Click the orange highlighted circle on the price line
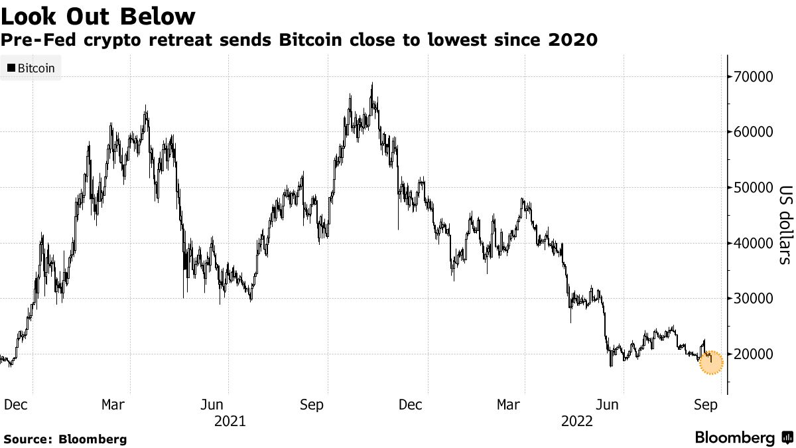(x=710, y=363)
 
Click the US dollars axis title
(x=784, y=224)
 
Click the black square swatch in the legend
(x=11, y=68)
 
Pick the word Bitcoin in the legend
(x=36, y=68)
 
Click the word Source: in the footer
(x=29, y=439)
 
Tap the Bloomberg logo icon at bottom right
(x=787, y=438)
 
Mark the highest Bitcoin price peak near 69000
(x=372, y=84)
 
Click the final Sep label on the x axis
(x=705, y=405)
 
